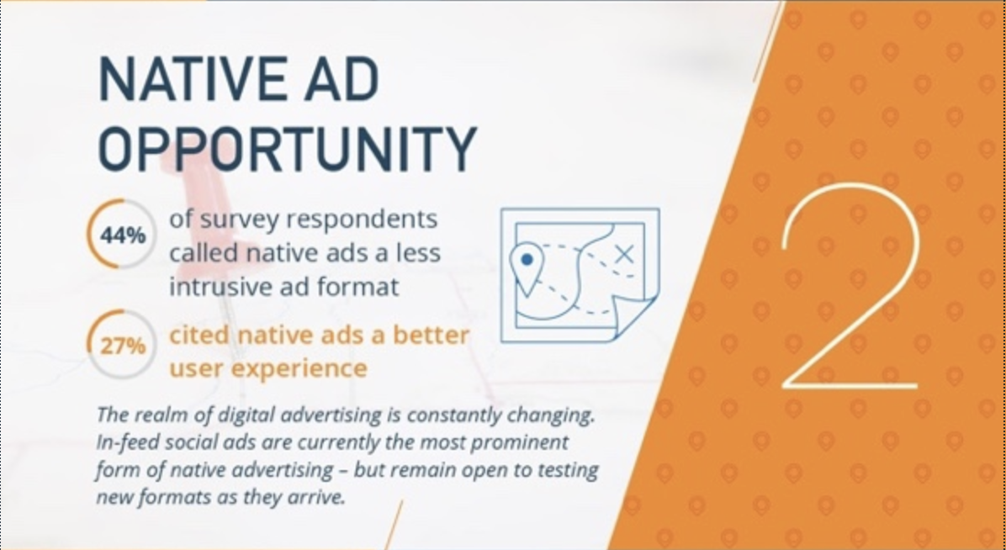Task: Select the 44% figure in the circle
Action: (123, 236)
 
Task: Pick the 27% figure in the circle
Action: (123, 346)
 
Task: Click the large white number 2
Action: (850, 286)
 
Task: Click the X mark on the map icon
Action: (623, 255)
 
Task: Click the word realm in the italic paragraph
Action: (160, 415)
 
